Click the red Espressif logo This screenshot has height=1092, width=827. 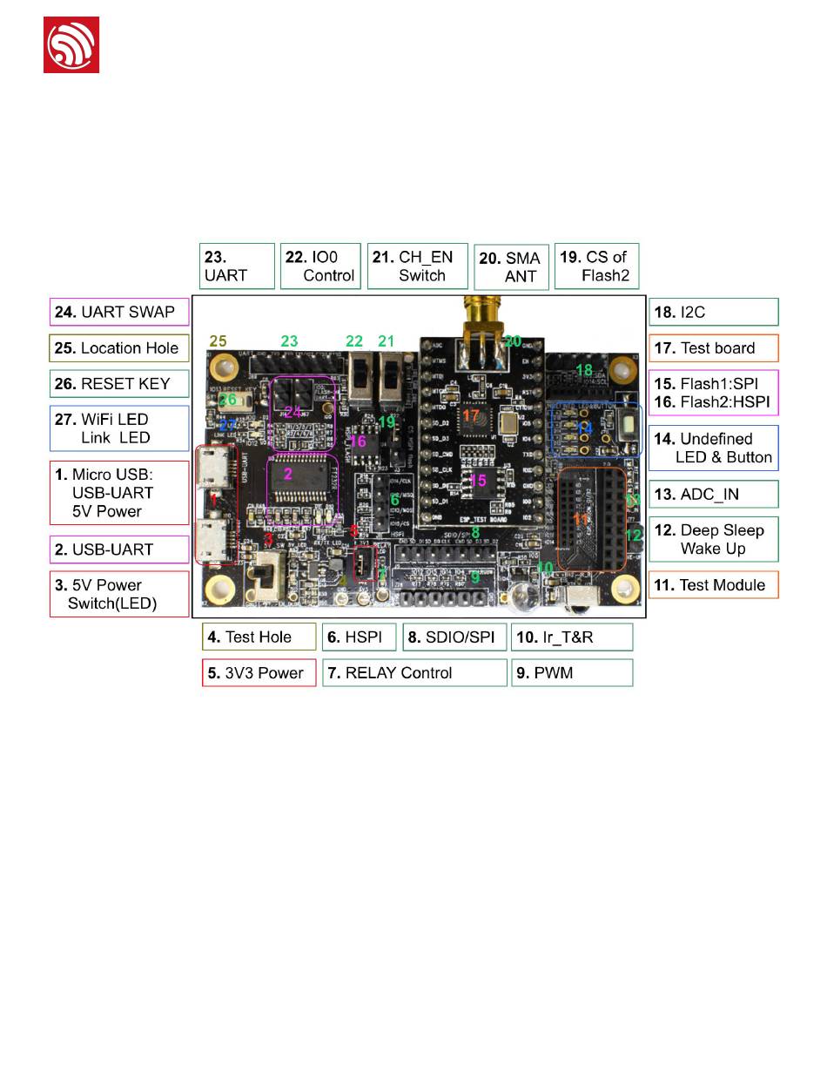tap(71, 44)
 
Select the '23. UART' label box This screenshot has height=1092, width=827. tap(237, 266)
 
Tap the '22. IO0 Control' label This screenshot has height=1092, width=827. tap(320, 266)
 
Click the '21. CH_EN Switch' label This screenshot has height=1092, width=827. tap(418, 266)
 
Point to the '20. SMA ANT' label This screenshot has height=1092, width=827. tap(512, 267)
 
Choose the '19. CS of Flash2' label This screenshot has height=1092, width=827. tap(596, 266)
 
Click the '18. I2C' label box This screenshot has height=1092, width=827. tap(713, 312)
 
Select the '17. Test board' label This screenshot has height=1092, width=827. tap(713, 347)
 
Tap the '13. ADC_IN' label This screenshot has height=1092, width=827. tap(713, 494)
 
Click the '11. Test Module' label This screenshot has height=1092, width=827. tap(713, 584)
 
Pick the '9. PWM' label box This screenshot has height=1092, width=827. tap(571, 672)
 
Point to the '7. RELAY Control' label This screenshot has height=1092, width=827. tap(414, 672)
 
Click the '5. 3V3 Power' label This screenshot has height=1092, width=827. tap(259, 672)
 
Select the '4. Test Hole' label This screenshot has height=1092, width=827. tap(259, 637)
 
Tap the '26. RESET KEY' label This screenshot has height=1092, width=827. tap(119, 383)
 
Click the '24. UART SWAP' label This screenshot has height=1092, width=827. tap(119, 312)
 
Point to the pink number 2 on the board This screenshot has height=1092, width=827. tap(288, 475)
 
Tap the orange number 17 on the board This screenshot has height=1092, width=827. tap(471, 416)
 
